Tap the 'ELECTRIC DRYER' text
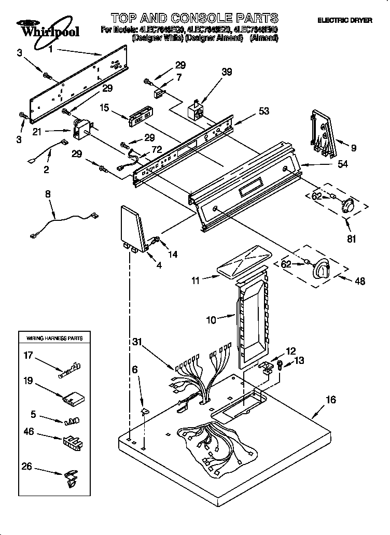click(x=344, y=20)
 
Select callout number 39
click(x=227, y=72)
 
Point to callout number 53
click(x=264, y=111)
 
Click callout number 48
click(x=359, y=281)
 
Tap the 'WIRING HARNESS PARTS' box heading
click(x=54, y=338)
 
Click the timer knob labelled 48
click(x=322, y=268)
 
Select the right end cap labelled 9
click(x=323, y=134)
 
